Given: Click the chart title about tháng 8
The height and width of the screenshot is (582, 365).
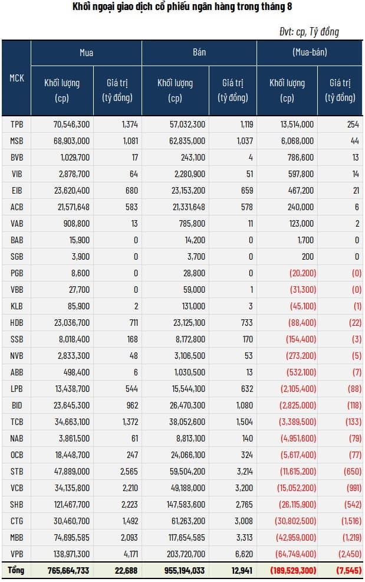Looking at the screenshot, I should pyautogui.click(x=182, y=8).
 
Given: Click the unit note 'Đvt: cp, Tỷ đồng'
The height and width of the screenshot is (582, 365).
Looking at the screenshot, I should pyautogui.click(x=310, y=31).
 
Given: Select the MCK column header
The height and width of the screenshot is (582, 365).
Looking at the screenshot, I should pyautogui.click(x=17, y=77).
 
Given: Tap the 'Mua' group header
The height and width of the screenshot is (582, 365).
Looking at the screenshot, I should pyautogui.click(x=86, y=53).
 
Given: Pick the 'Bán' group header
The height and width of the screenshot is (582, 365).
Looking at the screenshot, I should pyautogui.click(x=199, y=53).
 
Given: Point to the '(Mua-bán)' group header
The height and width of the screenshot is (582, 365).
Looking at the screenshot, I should pyautogui.click(x=310, y=53).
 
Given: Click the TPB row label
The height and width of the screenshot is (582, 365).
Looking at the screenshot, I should pyautogui.click(x=17, y=124).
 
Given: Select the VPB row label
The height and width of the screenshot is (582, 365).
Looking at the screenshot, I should pyautogui.click(x=17, y=554).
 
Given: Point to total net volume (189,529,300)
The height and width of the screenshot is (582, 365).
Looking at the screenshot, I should pyautogui.click(x=292, y=570).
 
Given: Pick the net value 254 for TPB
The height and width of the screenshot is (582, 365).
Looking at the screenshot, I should pyautogui.click(x=353, y=124).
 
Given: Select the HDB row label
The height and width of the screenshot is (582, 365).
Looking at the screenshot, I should pyautogui.click(x=17, y=322).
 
